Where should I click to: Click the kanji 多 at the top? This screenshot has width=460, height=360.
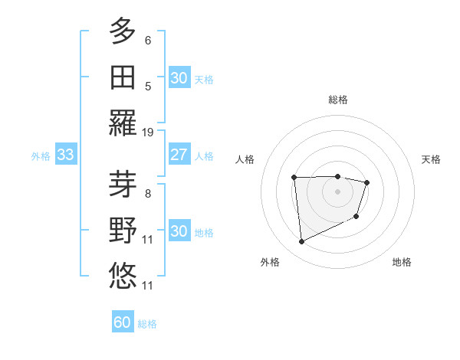coord(123,31)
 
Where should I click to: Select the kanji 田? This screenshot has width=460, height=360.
coord(123,77)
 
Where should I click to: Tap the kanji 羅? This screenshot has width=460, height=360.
coord(123,123)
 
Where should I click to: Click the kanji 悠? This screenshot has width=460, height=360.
coord(123,276)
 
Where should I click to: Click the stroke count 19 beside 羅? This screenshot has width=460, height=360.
coord(148,133)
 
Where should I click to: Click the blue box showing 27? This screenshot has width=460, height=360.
coord(179,155)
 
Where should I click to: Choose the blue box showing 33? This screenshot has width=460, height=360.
coord(65,155)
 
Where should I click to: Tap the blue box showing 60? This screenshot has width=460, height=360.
coord(123,322)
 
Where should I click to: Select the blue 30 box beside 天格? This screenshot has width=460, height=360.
coord(179,78)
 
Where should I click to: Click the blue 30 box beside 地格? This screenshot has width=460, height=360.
coord(179,231)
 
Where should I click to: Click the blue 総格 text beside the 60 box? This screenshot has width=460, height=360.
coord(147,324)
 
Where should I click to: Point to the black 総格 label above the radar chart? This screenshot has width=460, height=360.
coord(337,100)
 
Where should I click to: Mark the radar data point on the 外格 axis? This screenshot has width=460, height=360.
coord(301,242)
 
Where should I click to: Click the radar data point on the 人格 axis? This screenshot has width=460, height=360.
coord(294,178)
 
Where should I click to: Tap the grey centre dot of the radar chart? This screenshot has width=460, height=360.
coord(337,191)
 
